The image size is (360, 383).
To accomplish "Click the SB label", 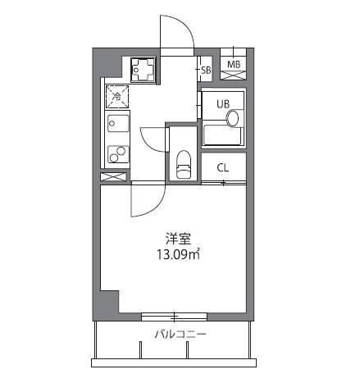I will (206, 71).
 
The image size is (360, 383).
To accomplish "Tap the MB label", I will (234, 64).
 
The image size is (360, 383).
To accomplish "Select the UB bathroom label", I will (222, 104).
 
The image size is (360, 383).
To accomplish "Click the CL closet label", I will (222, 168).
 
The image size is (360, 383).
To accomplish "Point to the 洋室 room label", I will (178, 239).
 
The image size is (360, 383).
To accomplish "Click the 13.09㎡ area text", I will (179, 254).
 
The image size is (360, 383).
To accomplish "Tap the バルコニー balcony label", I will (180, 335).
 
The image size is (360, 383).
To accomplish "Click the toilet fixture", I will (184, 163).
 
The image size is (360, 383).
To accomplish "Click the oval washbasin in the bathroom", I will (234, 119).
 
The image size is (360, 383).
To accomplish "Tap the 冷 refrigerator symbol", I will (116, 96).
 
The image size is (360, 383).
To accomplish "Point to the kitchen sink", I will (116, 125).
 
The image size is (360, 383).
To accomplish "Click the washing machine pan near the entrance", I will (145, 68).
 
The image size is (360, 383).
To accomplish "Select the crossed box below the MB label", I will (234, 75).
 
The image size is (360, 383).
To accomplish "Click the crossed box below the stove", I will (114, 176).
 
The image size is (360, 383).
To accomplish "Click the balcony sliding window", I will (174, 316).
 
